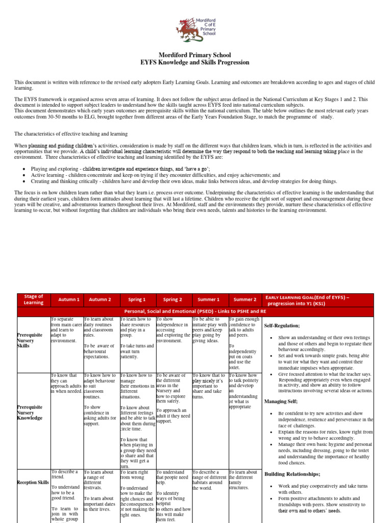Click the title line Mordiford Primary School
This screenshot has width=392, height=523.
tap(196, 55)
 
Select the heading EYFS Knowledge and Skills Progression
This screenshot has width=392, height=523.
tap(196, 62)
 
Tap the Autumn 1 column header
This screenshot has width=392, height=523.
tap(69, 300)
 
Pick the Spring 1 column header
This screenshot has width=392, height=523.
tap(137, 300)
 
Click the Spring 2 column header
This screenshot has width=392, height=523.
tap(173, 300)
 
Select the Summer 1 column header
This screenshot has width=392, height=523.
tap(209, 300)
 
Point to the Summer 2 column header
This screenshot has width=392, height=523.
tap(244, 300)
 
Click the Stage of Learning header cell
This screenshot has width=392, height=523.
tap(34, 300)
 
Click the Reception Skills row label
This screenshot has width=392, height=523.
tap(33, 482)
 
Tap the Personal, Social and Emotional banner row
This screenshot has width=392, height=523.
tap(195, 311)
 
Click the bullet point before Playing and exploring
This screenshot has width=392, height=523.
tap(26, 169)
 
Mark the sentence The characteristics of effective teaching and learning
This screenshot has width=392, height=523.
tap(71, 133)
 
